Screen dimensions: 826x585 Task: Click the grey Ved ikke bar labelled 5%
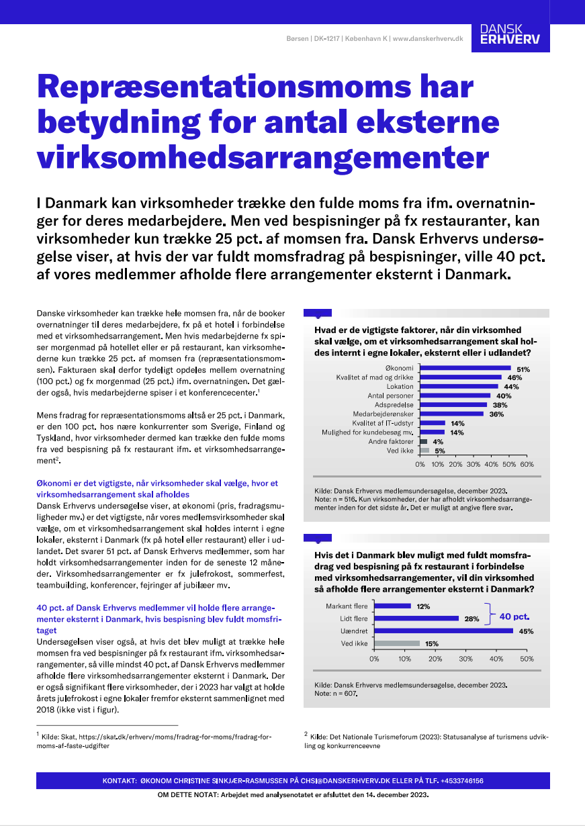click(x=424, y=451)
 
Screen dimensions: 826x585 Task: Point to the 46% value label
click(x=515, y=378)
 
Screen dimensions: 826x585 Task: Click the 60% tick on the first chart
click(x=527, y=464)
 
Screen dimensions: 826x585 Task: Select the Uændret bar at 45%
click(x=443, y=631)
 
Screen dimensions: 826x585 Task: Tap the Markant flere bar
click(x=393, y=606)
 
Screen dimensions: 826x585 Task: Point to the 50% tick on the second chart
click(x=527, y=659)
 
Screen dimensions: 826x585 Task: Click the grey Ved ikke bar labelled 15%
click(x=397, y=643)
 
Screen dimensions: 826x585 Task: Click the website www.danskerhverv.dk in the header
click(x=428, y=39)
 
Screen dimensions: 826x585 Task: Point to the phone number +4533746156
click(x=456, y=781)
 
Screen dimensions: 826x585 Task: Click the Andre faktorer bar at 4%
click(x=423, y=442)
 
